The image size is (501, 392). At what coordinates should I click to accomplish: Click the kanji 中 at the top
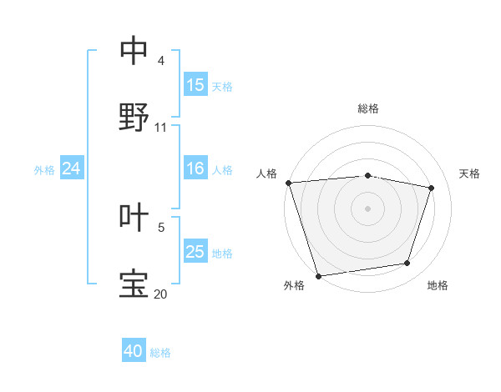[134, 52]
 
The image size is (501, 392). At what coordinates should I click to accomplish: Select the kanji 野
[134, 118]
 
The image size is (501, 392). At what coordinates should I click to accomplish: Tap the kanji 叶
[134, 217]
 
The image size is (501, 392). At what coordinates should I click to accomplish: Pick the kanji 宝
[134, 284]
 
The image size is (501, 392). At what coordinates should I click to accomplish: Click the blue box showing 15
[195, 85]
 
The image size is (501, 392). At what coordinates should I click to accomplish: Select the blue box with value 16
[195, 168]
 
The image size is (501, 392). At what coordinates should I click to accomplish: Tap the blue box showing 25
[195, 252]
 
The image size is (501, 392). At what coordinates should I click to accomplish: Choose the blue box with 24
[71, 168]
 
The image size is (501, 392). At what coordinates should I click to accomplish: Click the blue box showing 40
[134, 351]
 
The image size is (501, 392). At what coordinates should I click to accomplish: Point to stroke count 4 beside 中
[161, 61]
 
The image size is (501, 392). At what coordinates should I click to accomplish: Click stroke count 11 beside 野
[161, 128]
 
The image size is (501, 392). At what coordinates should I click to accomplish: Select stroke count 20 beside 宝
[160, 294]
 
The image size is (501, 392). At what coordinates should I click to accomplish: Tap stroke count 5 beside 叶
[161, 227]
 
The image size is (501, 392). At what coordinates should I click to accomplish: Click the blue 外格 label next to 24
[44, 169]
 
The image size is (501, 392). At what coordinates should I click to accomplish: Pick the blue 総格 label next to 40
[160, 353]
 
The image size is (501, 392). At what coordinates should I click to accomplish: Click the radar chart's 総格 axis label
[368, 108]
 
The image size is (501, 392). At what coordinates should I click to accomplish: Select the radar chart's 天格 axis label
[469, 173]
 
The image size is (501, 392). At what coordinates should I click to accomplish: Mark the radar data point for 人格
[288, 183]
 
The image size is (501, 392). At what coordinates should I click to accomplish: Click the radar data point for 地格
[407, 264]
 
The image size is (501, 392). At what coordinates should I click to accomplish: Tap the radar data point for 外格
[318, 275]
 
